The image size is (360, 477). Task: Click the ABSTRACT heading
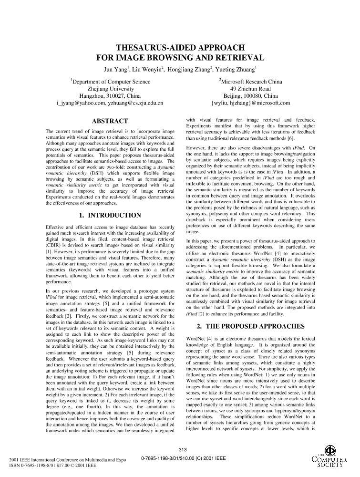click(x=110, y=121)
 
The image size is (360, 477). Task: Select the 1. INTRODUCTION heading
click(x=110, y=215)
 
